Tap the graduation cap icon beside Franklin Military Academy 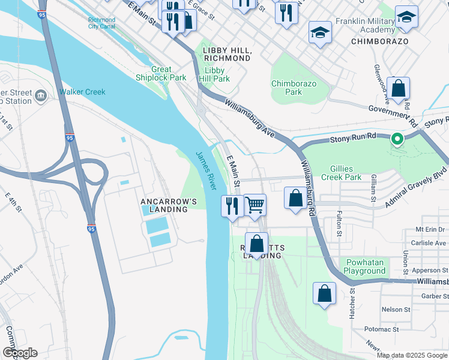pos(406,19)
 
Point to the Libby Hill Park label pos(214,74)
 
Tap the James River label pos(205,170)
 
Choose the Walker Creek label pos(82,92)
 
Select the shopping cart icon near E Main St pos(255,205)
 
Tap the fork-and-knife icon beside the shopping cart pos(232,206)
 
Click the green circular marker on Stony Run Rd pos(397,139)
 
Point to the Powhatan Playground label pos(364,266)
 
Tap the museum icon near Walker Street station pos(41,95)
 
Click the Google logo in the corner pos(19,353)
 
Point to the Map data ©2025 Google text pos(412,355)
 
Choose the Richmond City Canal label pos(101,23)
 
